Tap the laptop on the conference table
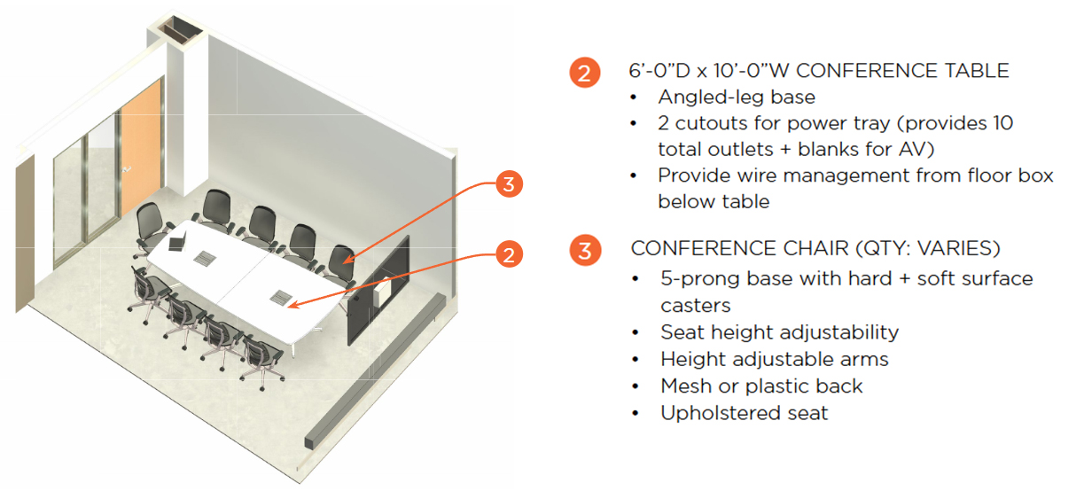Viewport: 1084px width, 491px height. pos(177,241)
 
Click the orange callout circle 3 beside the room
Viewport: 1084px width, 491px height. pos(509,183)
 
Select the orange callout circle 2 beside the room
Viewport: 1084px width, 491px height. pos(509,254)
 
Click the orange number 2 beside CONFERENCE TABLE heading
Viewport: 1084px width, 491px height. pos(585,73)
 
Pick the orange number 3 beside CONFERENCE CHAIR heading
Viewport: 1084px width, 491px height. pos(585,251)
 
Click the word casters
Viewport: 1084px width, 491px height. pos(696,306)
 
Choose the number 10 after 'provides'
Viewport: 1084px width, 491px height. pos(1003,123)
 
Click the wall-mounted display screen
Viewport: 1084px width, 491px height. pos(378,290)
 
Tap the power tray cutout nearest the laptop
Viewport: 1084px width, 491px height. pos(205,258)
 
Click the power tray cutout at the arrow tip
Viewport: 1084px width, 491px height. pos(281,297)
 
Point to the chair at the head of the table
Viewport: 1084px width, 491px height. pos(152,228)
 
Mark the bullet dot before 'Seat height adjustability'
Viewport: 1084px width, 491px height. pos(636,333)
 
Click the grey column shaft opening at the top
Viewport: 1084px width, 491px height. pos(181,29)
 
